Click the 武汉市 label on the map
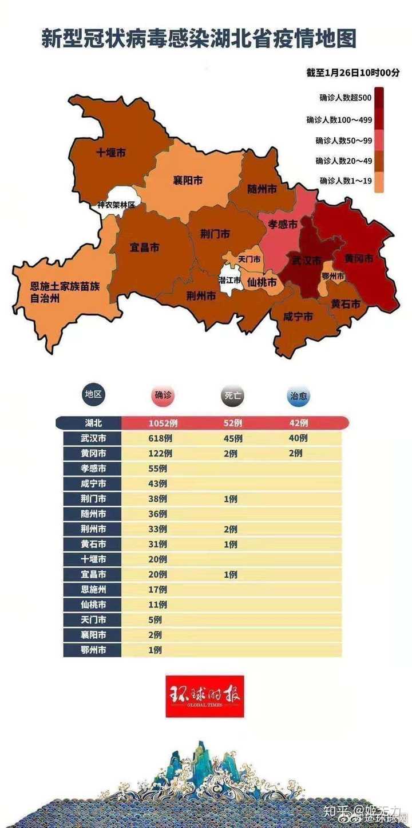pos(303,261)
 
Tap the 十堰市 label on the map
pos(110,153)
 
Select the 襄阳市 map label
pos(188,181)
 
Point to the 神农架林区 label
pos(116,204)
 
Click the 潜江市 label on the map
pos(229,279)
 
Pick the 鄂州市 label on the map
pos(333,276)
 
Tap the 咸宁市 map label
pos(298,316)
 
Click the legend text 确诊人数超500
pos(345,98)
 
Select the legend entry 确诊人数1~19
pos(345,181)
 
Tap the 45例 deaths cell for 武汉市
pos(233,439)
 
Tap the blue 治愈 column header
pos(299,395)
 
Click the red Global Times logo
pos(205,695)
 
